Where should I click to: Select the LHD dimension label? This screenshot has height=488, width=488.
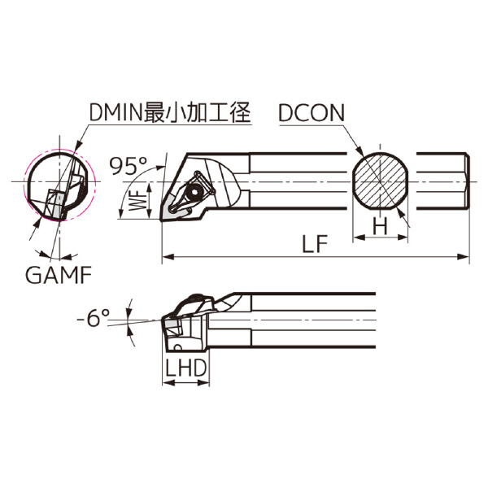[186, 368]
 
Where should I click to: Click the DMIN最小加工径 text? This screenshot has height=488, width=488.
[170, 115]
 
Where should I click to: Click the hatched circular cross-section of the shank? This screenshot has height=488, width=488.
[381, 181]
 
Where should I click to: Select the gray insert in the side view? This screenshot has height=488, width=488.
[172, 327]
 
